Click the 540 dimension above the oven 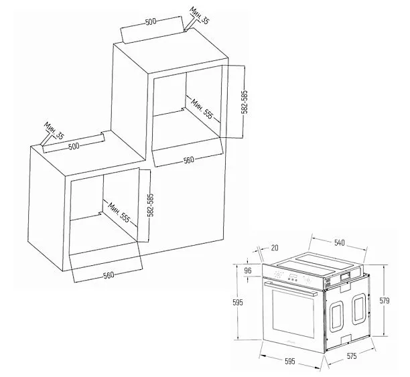click(x=340, y=242)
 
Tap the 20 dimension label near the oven click(x=275, y=248)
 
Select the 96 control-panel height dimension click(x=248, y=270)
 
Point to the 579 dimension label click(x=385, y=301)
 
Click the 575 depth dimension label click(x=352, y=356)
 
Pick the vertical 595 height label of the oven click(x=238, y=302)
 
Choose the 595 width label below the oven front click(x=290, y=362)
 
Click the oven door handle click(x=290, y=289)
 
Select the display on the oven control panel click(x=293, y=276)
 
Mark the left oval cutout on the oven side click(x=336, y=317)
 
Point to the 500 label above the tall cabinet click(x=151, y=21)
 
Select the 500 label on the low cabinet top click(x=74, y=146)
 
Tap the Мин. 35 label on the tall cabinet click(x=199, y=15)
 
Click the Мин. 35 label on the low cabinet click(x=54, y=131)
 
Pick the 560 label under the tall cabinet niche click(x=189, y=160)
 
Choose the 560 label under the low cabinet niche click(x=109, y=275)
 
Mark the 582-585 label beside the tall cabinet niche click(x=245, y=102)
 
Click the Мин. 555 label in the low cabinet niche click(x=119, y=212)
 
